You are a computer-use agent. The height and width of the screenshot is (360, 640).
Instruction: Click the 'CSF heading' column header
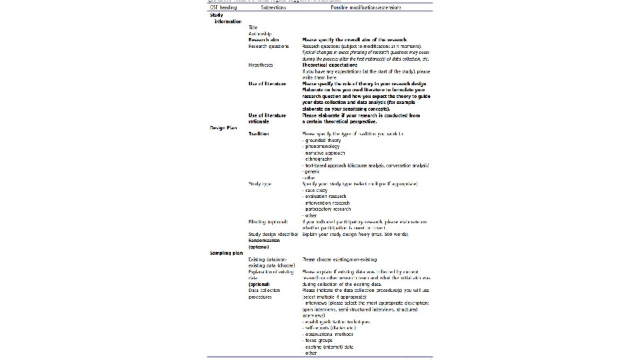click(223, 7)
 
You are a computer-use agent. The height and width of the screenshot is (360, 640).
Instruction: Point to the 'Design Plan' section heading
click(223, 127)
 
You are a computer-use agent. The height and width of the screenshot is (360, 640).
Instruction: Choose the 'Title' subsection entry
click(253, 27)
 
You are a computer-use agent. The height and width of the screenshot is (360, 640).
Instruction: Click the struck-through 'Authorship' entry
click(260, 33)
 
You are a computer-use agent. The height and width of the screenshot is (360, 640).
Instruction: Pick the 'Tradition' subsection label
click(259, 134)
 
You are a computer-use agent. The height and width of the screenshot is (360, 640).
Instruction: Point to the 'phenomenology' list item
click(325, 147)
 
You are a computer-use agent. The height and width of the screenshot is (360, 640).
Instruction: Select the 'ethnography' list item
click(323, 159)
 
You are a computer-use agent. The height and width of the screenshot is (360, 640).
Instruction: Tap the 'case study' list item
click(319, 191)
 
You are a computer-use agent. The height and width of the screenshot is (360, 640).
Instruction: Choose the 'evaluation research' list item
click(327, 197)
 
